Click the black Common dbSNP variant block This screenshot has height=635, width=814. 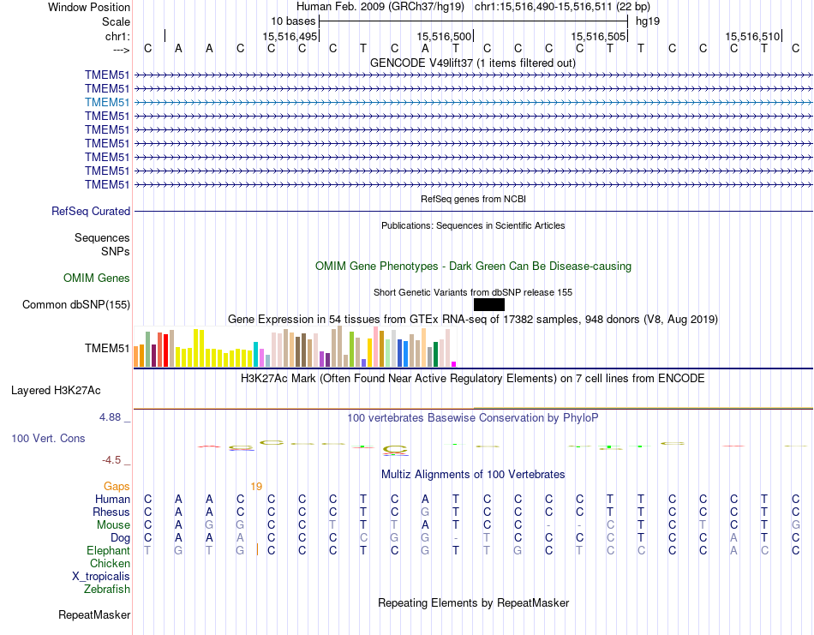[488, 304]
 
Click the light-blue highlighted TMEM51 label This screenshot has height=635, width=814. [107, 102]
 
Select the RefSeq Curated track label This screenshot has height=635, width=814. [91, 211]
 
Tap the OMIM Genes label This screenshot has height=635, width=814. [97, 278]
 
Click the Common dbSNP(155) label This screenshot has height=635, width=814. [76, 304]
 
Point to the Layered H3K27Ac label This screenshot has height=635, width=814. [56, 390]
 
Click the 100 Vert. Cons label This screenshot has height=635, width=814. [48, 438]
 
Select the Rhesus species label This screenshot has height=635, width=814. [111, 512]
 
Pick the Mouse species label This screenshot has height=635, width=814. [113, 525]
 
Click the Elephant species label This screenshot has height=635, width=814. [108, 550]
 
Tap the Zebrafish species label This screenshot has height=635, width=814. [107, 589]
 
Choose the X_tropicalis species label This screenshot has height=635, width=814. [101, 576]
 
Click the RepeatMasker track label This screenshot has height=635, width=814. [94, 614]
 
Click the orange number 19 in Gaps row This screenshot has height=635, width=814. [256, 486]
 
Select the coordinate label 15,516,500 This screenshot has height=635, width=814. [445, 36]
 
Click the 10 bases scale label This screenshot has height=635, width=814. [293, 21]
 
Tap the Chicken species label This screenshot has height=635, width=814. [110, 563]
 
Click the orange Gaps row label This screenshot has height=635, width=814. [117, 486]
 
